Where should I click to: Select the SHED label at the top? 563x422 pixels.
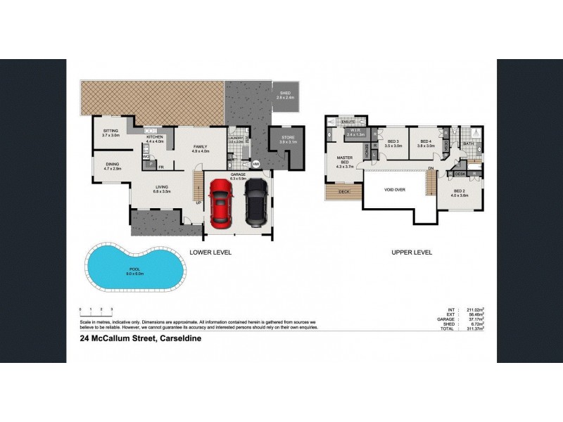[284, 93]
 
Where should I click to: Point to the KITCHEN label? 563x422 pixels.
[154, 137]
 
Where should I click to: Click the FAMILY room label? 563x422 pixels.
[201, 146]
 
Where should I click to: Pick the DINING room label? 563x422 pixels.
[113, 165]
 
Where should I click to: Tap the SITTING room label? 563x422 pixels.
[110, 131]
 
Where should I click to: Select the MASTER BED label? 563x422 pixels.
[344, 160]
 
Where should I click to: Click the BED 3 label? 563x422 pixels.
[393, 141]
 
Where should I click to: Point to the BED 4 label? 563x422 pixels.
[425, 141]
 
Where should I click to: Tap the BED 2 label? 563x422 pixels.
[460, 191]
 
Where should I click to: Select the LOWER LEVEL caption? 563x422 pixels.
[210, 252]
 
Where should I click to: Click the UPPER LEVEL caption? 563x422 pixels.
[412, 252]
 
